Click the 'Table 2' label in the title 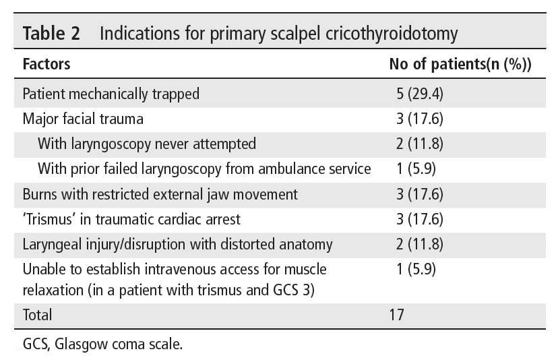click(51, 34)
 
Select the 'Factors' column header click(46, 65)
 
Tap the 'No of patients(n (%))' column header click(460, 65)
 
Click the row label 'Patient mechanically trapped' click(111, 94)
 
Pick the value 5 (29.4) click(420, 94)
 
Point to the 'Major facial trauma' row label click(83, 119)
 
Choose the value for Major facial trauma click(420, 119)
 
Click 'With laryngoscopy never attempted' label click(147, 144)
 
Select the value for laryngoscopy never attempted click(420, 144)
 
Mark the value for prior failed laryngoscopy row click(416, 169)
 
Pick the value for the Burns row click(420, 194)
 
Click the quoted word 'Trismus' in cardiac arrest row click(49, 219)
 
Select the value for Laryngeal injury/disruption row click(420, 244)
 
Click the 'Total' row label click(37, 314)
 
